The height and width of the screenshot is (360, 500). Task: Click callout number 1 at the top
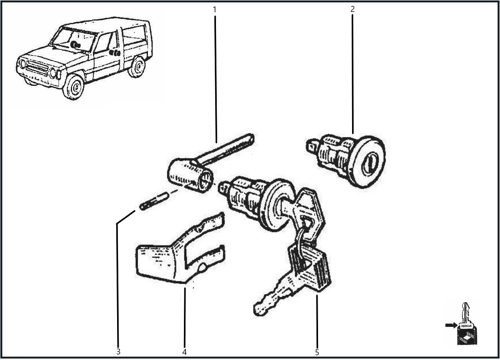click(214, 9)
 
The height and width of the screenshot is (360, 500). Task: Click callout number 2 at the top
click(352, 9)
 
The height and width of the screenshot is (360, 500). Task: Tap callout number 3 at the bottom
click(118, 352)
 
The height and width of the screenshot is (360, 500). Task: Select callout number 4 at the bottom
click(184, 352)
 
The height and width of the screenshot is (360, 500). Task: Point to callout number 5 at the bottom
click(317, 352)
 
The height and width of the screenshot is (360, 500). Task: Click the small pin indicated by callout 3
click(154, 201)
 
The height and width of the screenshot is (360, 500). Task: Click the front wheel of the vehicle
click(74, 87)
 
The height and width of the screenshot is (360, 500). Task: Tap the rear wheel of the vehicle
click(137, 66)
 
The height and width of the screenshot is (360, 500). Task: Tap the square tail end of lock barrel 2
click(312, 146)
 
